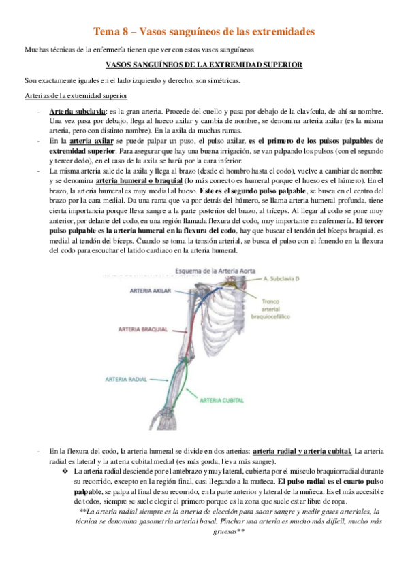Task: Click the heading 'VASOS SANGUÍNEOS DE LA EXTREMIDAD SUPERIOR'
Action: tap(203, 65)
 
